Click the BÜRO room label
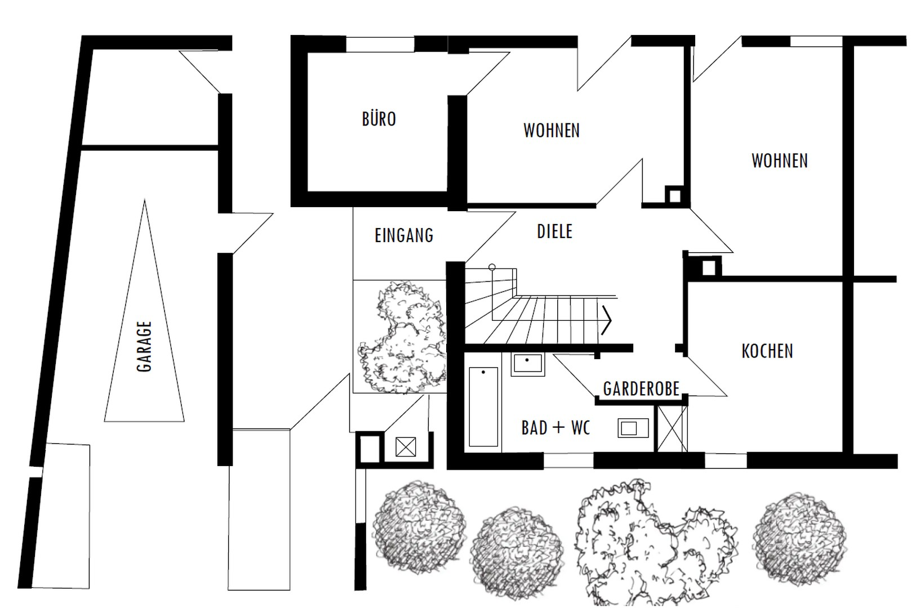379,119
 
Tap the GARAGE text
144,347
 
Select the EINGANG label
404,235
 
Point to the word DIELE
554,231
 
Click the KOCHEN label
767,351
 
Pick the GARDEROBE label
641,389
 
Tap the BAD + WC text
555,428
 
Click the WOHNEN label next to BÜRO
552,131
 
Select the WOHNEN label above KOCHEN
780,160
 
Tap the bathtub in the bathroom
483,406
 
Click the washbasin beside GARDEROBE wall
633,428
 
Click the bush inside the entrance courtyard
402,337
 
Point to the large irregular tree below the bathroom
656,543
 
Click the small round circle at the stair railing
492,267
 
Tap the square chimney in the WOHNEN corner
674,195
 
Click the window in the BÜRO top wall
380,44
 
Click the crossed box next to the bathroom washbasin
672,428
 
